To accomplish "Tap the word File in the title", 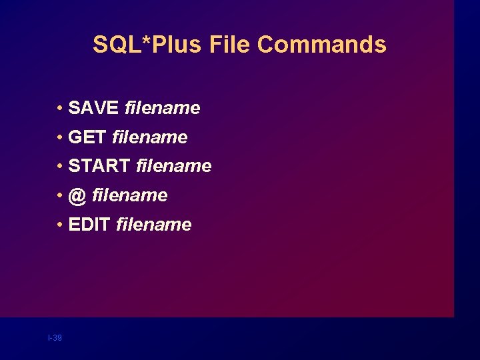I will [x=230, y=45].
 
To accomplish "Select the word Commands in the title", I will [x=322, y=45].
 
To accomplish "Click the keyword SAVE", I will [x=94, y=108].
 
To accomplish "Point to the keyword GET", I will [x=87, y=137].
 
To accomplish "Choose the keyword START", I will [x=99, y=166].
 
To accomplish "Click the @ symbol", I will [x=77, y=195].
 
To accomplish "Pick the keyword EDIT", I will [x=89, y=225].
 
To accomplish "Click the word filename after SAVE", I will [x=162, y=108].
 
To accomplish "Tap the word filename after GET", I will [x=150, y=137].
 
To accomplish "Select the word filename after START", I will [x=173, y=166].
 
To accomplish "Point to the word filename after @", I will [x=130, y=195].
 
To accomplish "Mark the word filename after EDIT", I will [x=153, y=225].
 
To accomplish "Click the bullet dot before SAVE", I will [x=60, y=109].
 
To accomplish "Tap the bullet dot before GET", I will [x=60, y=138].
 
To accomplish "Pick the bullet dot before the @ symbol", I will [x=60, y=196].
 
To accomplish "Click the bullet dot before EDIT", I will [x=60, y=225].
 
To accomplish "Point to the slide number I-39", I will [x=55, y=338].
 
